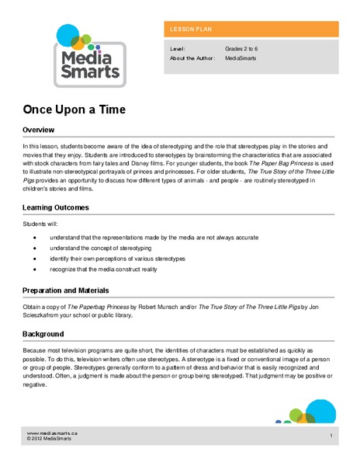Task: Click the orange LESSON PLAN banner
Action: tap(251, 29)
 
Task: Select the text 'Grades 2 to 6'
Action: tap(244, 48)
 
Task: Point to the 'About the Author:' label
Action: tap(193, 58)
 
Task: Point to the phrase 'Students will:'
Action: tap(40, 224)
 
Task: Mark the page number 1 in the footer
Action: tap(331, 436)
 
